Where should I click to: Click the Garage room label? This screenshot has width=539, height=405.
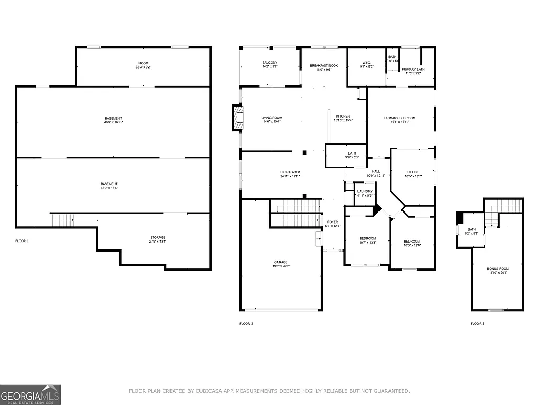click(281, 262)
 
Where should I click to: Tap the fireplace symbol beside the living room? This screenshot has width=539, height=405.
click(238, 118)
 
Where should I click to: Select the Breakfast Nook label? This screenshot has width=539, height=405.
click(324, 65)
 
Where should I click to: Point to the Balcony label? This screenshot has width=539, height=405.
click(269, 63)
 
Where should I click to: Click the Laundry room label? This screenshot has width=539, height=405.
click(365, 191)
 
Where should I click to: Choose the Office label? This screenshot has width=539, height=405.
click(413, 172)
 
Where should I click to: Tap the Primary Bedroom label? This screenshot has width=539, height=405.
click(400, 118)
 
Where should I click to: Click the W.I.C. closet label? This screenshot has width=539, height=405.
click(366, 63)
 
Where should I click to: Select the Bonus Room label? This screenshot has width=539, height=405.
click(497, 269)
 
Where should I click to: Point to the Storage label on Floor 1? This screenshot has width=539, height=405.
click(158, 238)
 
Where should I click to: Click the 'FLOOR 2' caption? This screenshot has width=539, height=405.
click(246, 323)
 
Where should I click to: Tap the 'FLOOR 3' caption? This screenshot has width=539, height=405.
click(477, 323)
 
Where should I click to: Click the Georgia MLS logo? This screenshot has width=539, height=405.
click(31, 394)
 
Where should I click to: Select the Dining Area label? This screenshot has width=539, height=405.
click(290, 172)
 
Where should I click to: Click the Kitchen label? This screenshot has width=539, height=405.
click(343, 117)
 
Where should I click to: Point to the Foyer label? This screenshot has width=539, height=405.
click(333, 222)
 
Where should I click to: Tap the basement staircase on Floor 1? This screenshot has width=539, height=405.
click(63, 219)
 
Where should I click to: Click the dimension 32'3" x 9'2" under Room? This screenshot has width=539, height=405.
click(143, 67)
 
